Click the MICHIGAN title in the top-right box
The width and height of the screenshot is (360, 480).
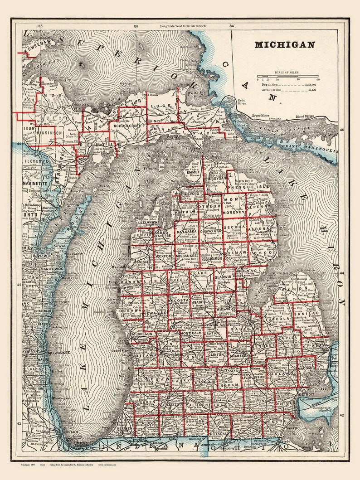(x=284, y=45)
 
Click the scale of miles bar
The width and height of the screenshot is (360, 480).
(x=287, y=76)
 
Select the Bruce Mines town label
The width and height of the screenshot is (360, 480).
(x=261, y=116)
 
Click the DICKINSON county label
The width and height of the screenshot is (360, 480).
(x=50, y=133)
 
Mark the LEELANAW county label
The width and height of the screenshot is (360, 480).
(x=148, y=223)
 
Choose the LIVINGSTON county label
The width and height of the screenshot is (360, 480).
(x=253, y=377)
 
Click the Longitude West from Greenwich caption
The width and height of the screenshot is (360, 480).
(x=183, y=26)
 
